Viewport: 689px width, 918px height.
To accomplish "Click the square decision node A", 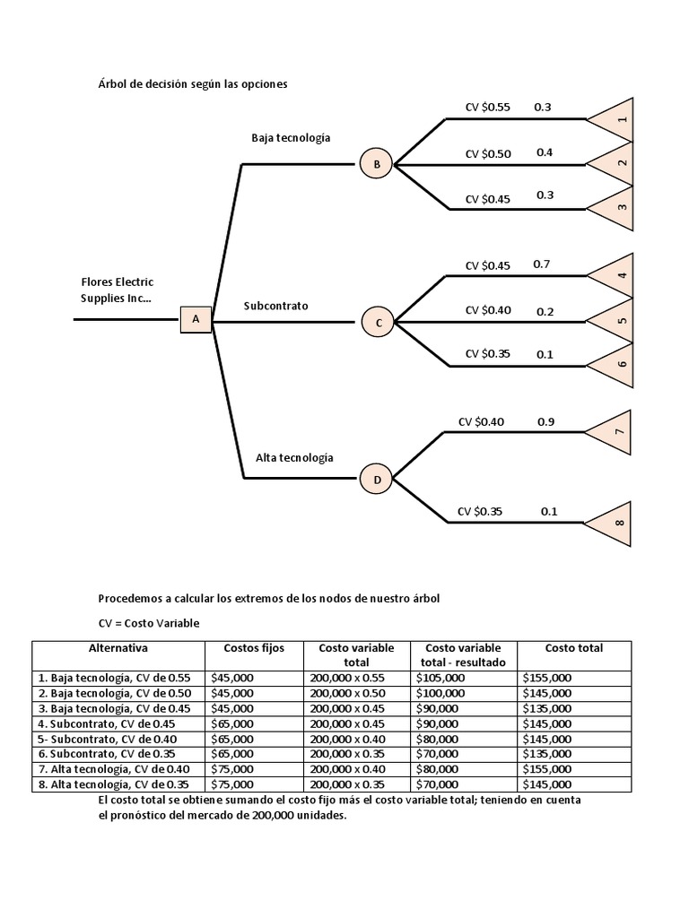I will tap(196, 319).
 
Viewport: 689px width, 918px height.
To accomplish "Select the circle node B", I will tap(377, 164).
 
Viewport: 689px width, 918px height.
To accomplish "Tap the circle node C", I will tap(378, 322).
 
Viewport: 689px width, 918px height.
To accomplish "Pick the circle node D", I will tap(377, 480).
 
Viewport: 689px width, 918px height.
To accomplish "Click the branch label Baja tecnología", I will tap(291, 138).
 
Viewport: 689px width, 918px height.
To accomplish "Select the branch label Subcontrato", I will tap(275, 306).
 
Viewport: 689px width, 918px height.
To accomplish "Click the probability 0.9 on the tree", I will tap(545, 421).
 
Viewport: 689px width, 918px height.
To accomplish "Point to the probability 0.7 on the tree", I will tap(541, 264).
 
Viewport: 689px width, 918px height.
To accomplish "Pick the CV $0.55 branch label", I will tap(487, 108).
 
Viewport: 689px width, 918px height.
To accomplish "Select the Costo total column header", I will tap(573, 648).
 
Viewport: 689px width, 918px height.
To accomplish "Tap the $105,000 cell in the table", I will tap(440, 679).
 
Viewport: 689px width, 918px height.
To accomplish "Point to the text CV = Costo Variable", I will tap(149, 622).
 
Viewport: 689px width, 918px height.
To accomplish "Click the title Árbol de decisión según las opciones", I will tap(193, 83).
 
